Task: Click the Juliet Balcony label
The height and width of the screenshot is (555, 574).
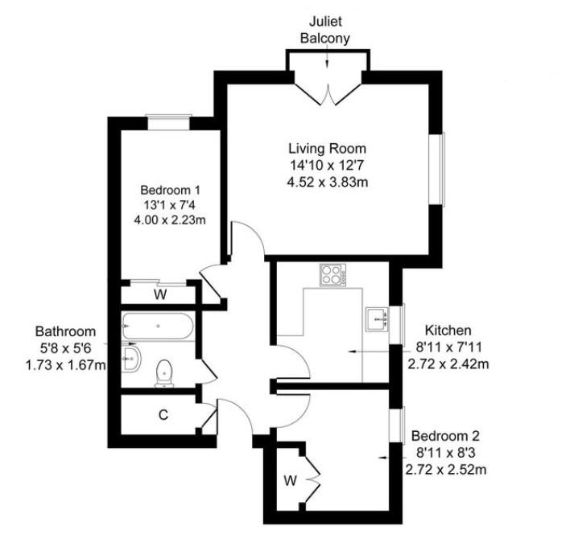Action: pyautogui.click(x=324, y=30)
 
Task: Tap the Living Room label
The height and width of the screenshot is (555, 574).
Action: pyautogui.click(x=328, y=149)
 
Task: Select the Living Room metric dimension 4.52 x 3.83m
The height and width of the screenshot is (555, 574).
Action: pyautogui.click(x=328, y=182)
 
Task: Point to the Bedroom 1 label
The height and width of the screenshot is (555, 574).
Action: pyautogui.click(x=170, y=191)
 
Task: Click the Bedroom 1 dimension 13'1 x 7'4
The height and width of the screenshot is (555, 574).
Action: pyautogui.click(x=170, y=205)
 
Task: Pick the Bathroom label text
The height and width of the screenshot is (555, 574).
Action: pyautogui.click(x=65, y=331)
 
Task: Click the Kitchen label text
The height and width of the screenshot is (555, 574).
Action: pyautogui.click(x=448, y=331)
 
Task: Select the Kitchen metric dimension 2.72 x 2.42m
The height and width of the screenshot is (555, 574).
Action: pyautogui.click(x=448, y=364)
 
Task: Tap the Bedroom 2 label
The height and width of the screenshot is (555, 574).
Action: pyautogui.click(x=445, y=436)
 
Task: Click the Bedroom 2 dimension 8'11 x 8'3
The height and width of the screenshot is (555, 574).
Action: pyautogui.click(x=445, y=453)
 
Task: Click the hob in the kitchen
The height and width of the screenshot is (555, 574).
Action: pyautogui.click(x=332, y=275)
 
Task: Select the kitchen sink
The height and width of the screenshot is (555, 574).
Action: pyautogui.click(x=377, y=319)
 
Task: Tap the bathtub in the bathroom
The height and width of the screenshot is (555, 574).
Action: pyautogui.click(x=158, y=326)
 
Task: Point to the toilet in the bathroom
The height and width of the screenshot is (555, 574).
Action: pyautogui.click(x=164, y=373)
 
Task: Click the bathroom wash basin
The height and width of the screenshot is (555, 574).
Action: pyautogui.click(x=130, y=359)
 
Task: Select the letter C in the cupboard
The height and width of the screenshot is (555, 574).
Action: pyautogui.click(x=163, y=415)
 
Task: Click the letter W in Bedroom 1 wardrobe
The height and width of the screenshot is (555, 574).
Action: pyautogui.click(x=160, y=294)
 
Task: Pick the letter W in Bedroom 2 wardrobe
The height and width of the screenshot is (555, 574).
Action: pyautogui.click(x=291, y=480)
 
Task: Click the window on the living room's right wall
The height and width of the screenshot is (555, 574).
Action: pyautogui.click(x=436, y=170)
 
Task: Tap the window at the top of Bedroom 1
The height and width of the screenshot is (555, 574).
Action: pyautogui.click(x=169, y=122)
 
